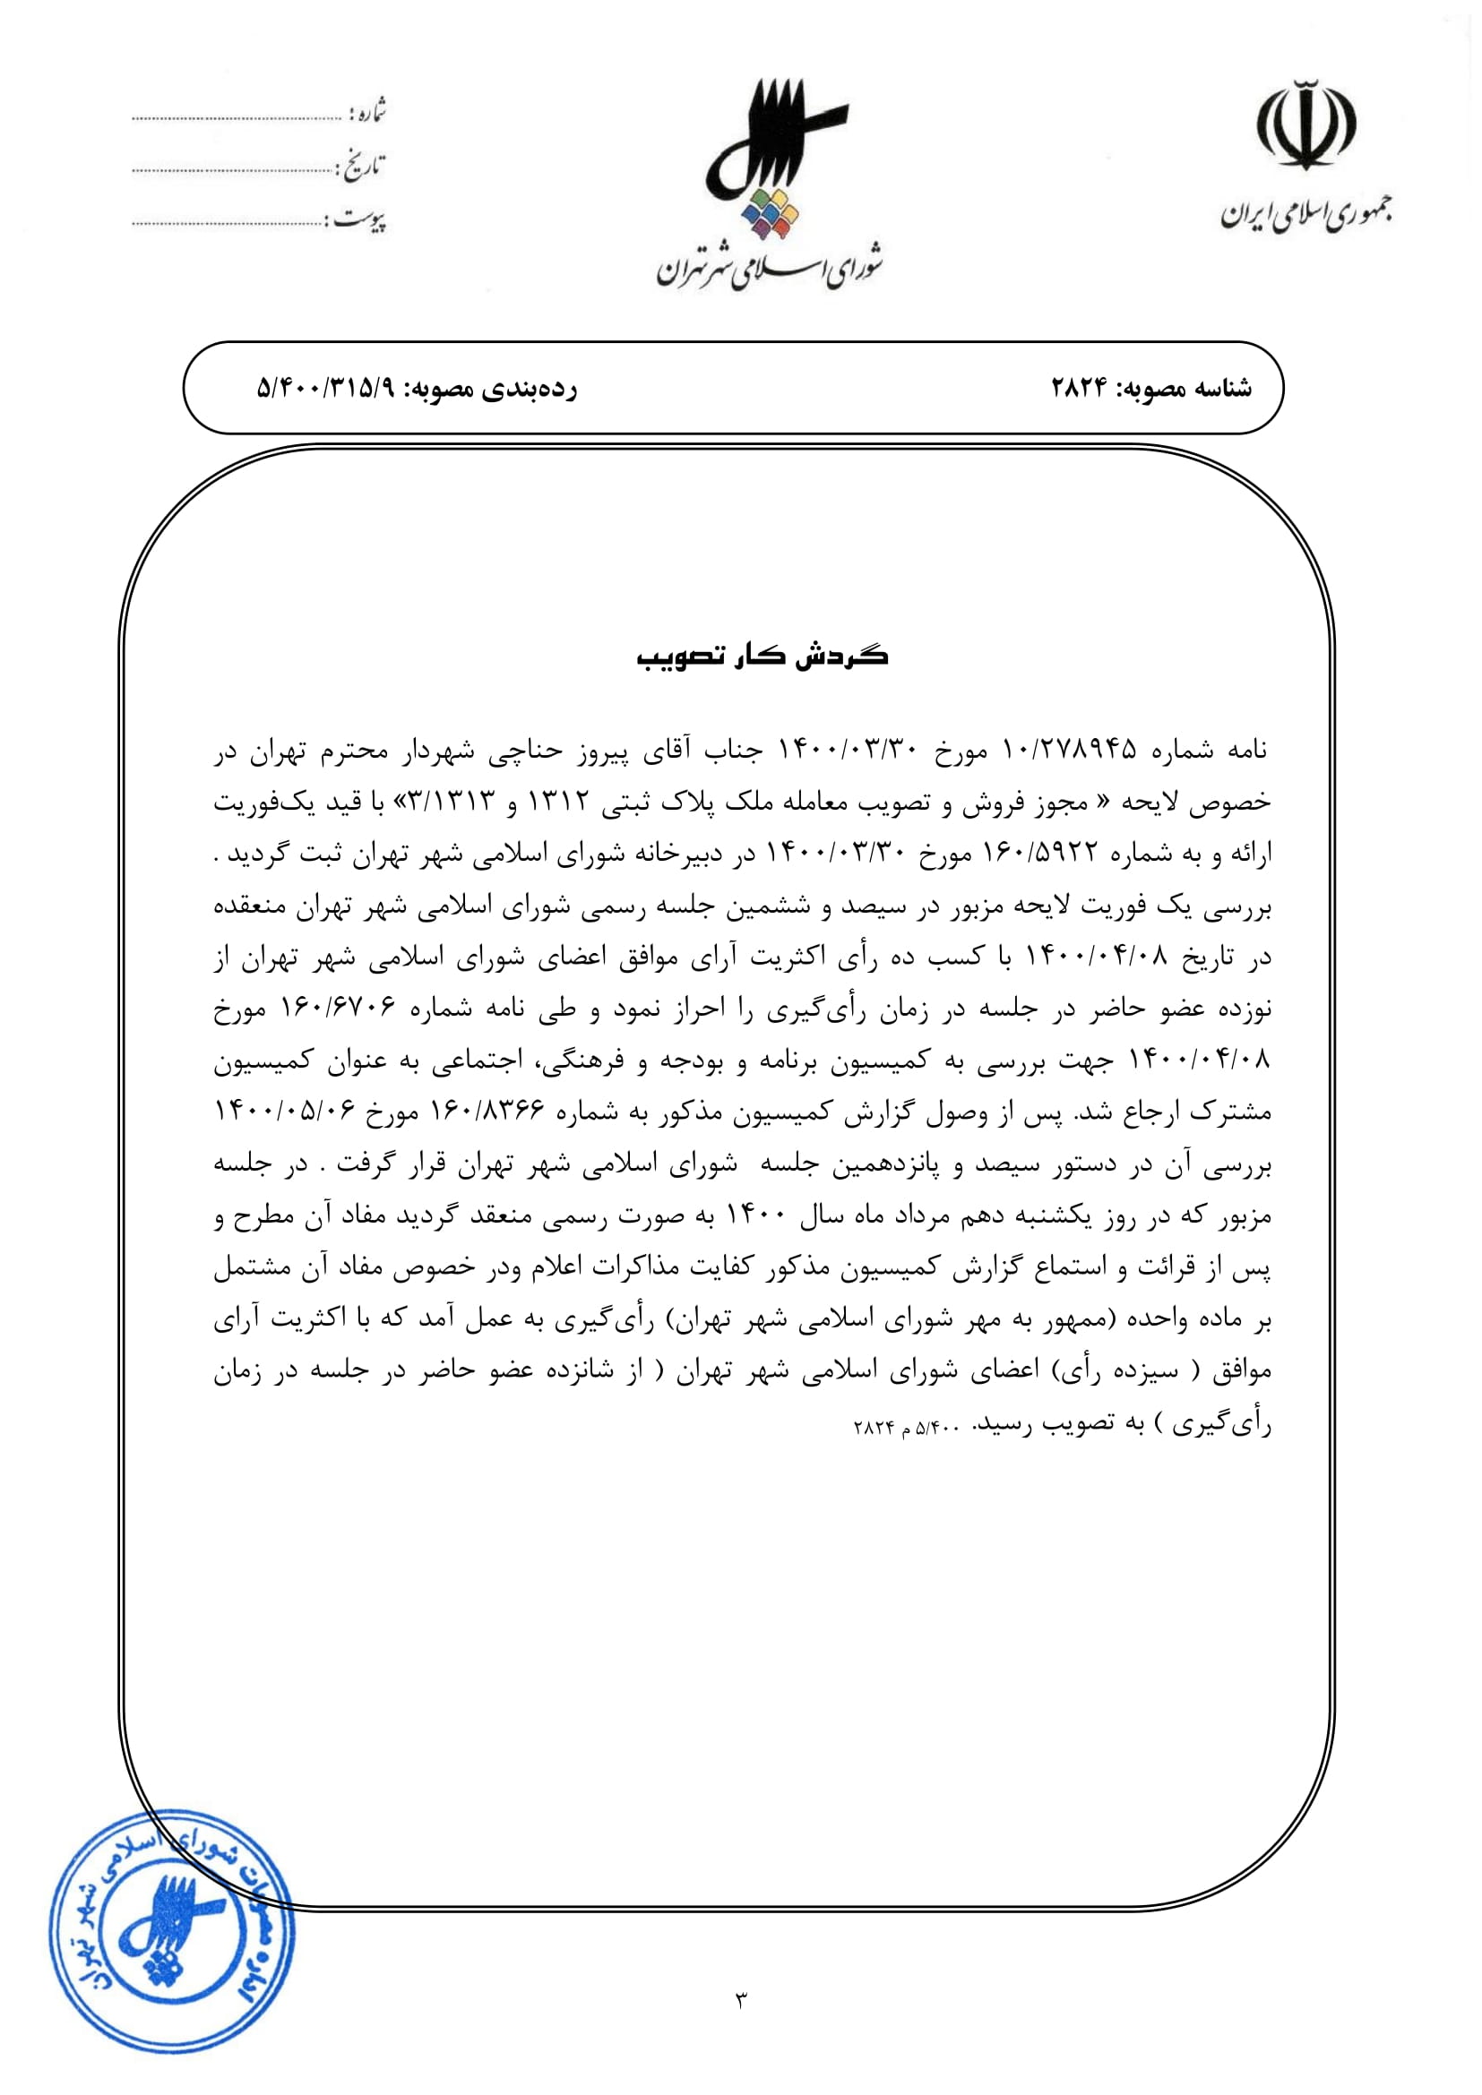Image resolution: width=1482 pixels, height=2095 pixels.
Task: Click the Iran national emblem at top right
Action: pos(1305,125)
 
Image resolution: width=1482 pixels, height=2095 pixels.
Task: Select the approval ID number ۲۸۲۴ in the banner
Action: pos(1078,389)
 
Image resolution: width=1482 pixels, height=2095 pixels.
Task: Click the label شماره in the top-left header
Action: pos(369,112)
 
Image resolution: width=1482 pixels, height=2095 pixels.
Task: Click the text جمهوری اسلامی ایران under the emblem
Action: pos(1305,214)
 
